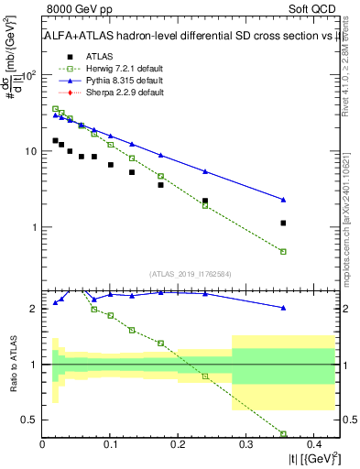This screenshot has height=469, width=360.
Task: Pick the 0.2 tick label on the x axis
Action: click(179, 444)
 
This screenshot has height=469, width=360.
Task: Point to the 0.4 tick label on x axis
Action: click(312, 444)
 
